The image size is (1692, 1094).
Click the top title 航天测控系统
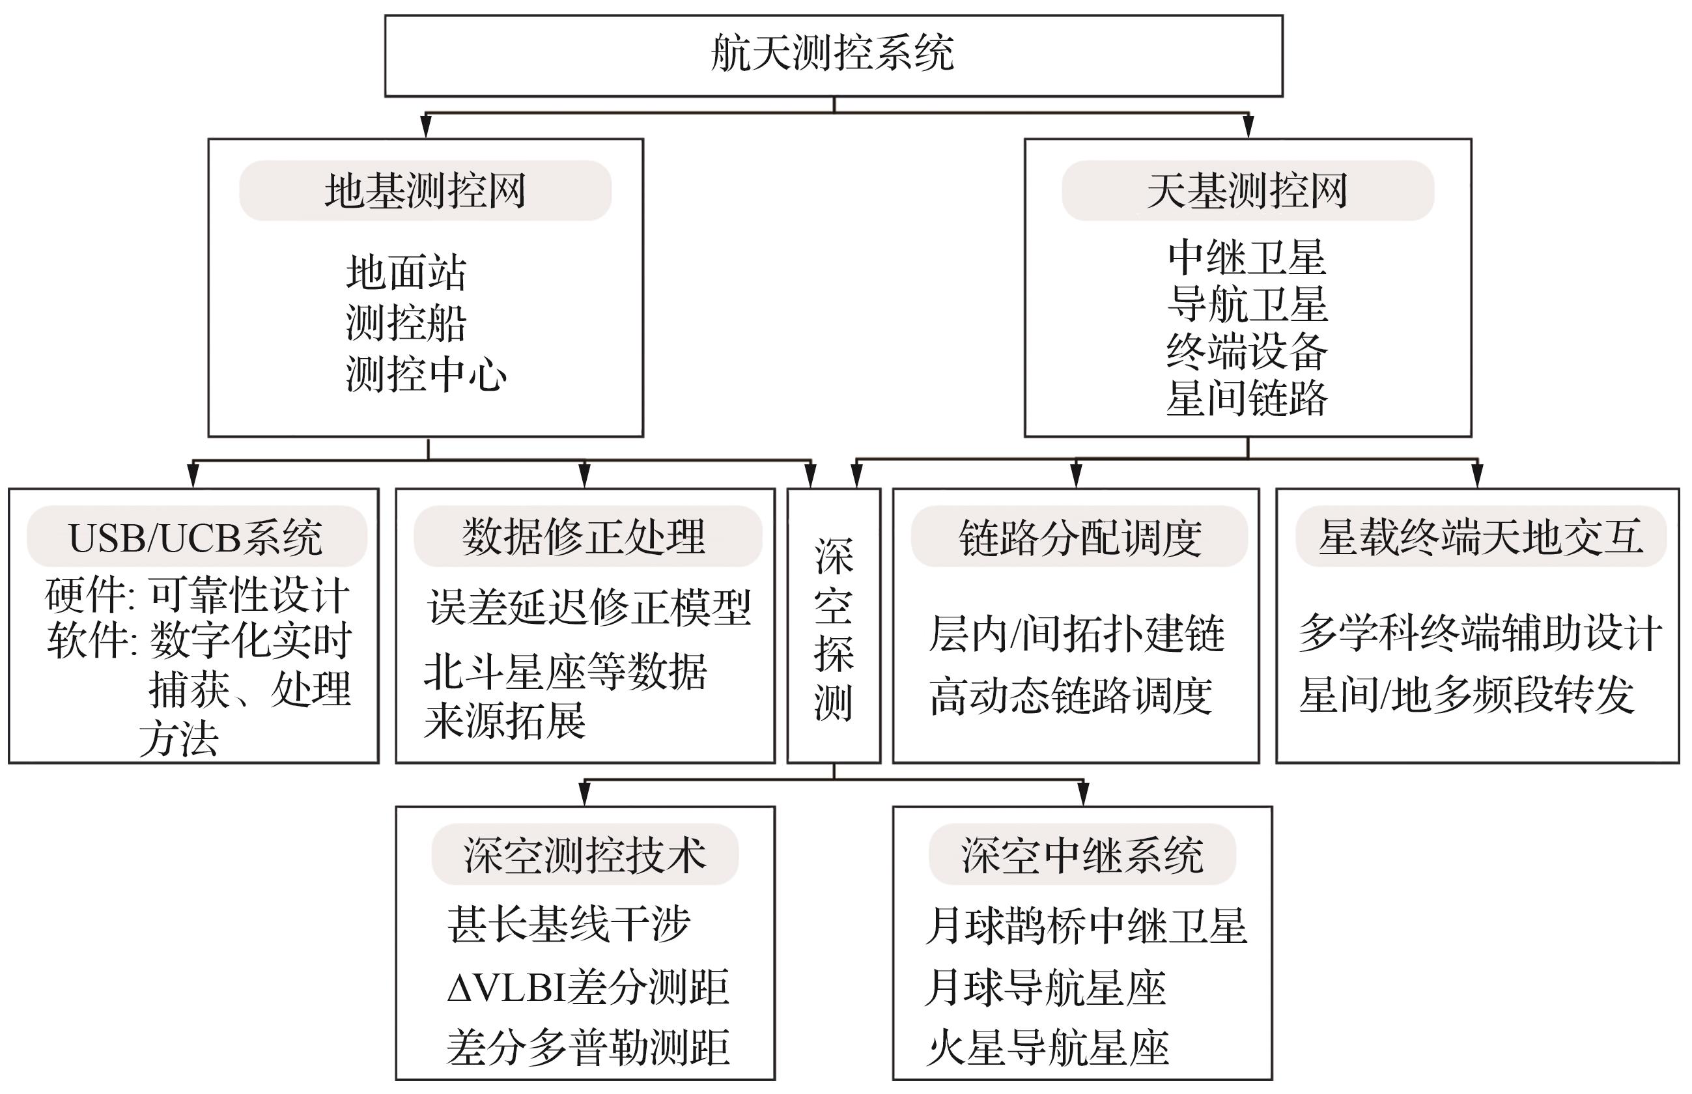[x=832, y=54]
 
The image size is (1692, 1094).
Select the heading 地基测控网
[x=425, y=190]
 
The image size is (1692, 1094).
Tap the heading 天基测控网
[x=1247, y=190]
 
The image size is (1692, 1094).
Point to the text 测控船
[x=406, y=323]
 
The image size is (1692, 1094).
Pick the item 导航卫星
[x=1247, y=304]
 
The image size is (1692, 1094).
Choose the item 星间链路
[x=1247, y=398]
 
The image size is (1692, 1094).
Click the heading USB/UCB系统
[x=195, y=537]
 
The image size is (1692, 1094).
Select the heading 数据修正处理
[x=584, y=537]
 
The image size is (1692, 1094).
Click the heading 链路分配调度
[x=1080, y=537]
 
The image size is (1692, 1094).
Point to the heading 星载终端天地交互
[x=1480, y=537]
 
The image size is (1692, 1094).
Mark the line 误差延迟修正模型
[x=589, y=608]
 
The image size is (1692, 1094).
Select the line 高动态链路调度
[x=1071, y=695]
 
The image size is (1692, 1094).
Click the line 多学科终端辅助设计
[x=1480, y=633]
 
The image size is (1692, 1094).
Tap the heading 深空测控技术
[x=585, y=854]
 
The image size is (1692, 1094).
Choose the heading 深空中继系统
[x=1082, y=854]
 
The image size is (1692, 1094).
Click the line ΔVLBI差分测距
[x=588, y=987]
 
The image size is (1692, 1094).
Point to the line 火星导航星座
[x=1048, y=1048]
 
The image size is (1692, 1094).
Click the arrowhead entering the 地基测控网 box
[x=426, y=127]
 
